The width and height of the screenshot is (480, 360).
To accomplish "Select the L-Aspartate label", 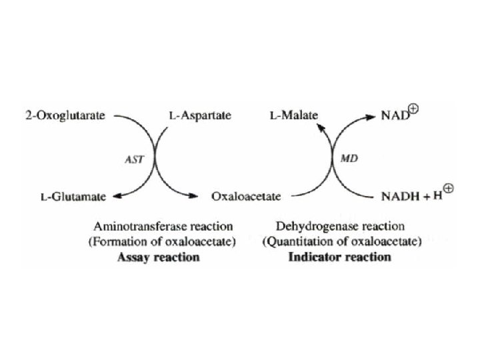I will pos(199,115).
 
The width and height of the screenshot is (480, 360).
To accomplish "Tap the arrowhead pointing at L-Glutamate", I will pos(117,196).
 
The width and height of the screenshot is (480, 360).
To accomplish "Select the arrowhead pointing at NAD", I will pos(371,116).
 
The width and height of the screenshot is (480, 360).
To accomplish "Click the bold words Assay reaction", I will pos(161,257).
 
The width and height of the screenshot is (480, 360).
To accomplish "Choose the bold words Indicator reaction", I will pos(339,257).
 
